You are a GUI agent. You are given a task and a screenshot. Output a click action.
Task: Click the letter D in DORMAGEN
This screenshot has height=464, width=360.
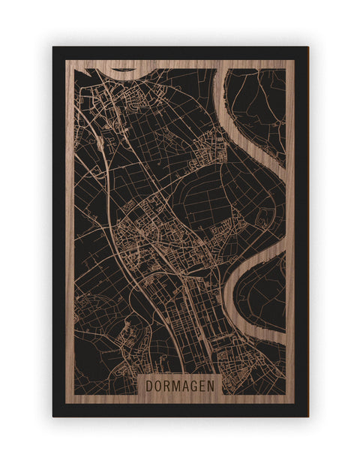[x=148, y=386]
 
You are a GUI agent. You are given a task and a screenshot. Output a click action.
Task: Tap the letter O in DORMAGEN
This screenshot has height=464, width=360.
[x=158, y=386]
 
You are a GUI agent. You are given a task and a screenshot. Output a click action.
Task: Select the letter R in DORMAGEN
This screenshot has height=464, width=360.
[x=167, y=386]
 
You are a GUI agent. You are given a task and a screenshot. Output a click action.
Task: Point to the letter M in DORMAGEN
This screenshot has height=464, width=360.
[x=178, y=386]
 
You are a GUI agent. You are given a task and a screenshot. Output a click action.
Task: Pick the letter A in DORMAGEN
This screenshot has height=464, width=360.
[x=187, y=386]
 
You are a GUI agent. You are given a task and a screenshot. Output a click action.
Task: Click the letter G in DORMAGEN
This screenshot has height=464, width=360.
[x=196, y=386]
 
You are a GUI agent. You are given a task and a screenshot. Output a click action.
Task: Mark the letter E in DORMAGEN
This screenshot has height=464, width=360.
[x=205, y=386]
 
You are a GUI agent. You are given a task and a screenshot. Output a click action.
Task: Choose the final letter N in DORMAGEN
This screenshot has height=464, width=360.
[x=214, y=386]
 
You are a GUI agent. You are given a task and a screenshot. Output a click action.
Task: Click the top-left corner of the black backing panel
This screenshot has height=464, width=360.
[x=53, y=47]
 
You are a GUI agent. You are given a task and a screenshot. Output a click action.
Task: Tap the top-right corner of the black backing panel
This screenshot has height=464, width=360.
[x=307, y=47]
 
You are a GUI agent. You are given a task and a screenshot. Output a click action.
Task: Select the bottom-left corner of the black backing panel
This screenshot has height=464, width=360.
[x=53, y=416]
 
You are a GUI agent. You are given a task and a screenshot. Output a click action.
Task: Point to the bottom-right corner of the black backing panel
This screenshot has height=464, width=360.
[x=307, y=416]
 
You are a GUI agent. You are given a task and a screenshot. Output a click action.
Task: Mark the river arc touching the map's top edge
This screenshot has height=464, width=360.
[x=124, y=71]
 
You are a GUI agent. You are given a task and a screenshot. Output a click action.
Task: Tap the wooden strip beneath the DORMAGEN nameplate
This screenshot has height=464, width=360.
[x=180, y=401]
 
